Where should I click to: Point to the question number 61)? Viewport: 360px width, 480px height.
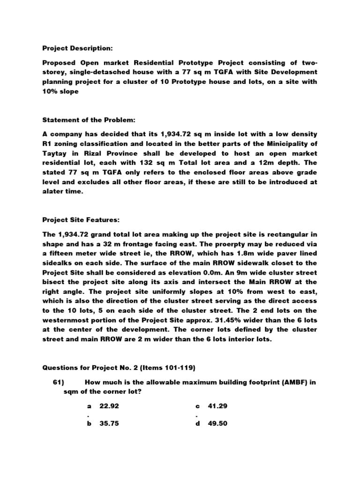click(59, 382)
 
